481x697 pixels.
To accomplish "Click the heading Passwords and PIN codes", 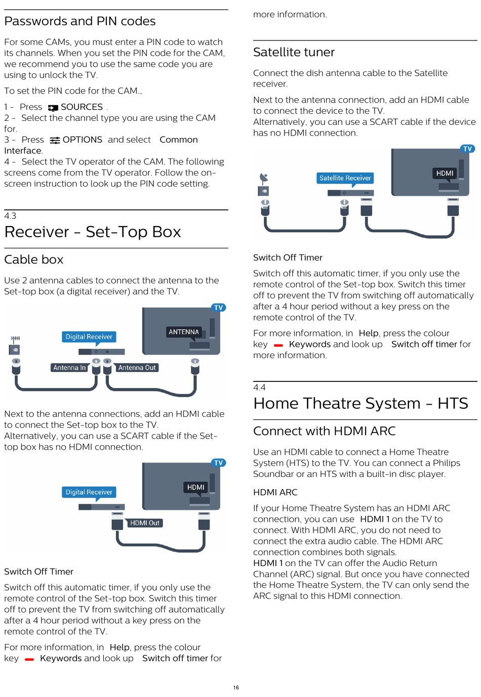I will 80,21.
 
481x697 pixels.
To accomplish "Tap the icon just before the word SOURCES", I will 53,108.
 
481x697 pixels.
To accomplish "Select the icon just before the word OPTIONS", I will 55,140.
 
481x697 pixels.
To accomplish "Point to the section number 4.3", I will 10,216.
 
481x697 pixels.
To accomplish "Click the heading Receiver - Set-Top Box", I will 93,232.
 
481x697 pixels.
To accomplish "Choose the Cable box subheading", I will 34,260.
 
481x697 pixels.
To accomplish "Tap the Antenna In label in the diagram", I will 69,368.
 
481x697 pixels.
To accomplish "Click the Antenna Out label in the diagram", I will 137,368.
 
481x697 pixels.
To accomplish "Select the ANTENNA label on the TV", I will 184,332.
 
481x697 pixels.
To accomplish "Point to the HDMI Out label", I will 144,523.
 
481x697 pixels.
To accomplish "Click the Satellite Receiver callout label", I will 345,178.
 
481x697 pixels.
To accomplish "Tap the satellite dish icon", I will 263,178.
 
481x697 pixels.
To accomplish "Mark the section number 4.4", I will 259,387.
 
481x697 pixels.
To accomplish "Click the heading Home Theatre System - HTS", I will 360,404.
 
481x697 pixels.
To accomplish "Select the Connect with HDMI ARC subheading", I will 325,431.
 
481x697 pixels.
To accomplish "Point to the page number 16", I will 236,687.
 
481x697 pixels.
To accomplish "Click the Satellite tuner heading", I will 294,53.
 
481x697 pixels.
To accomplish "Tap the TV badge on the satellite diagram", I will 467,149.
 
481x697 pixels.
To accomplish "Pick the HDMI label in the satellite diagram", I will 445,173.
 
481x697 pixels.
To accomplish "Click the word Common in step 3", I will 179,140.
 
